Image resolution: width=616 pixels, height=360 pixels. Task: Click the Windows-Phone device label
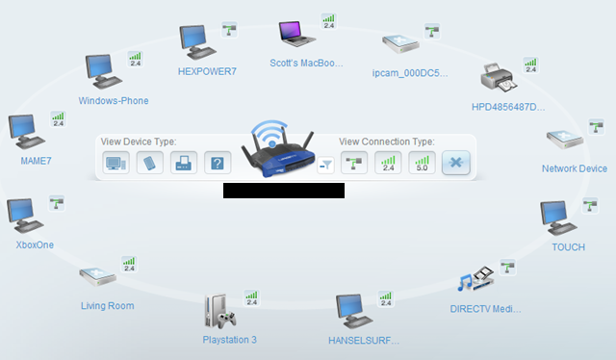(x=114, y=100)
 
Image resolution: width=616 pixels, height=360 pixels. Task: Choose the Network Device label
(x=574, y=168)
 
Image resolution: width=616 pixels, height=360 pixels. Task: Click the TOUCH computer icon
(x=556, y=217)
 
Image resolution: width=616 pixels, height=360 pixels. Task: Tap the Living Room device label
(x=108, y=306)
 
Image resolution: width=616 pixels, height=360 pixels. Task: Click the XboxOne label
(x=35, y=244)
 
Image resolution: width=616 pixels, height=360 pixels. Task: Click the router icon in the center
(x=278, y=151)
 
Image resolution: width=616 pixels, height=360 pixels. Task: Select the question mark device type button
(x=218, y=163)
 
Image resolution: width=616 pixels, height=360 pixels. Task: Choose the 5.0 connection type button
(x=420, y=163)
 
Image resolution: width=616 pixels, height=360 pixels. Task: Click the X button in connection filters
(x=455, y=163)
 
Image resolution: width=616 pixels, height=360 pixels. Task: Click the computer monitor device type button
(x=115, y=163)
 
